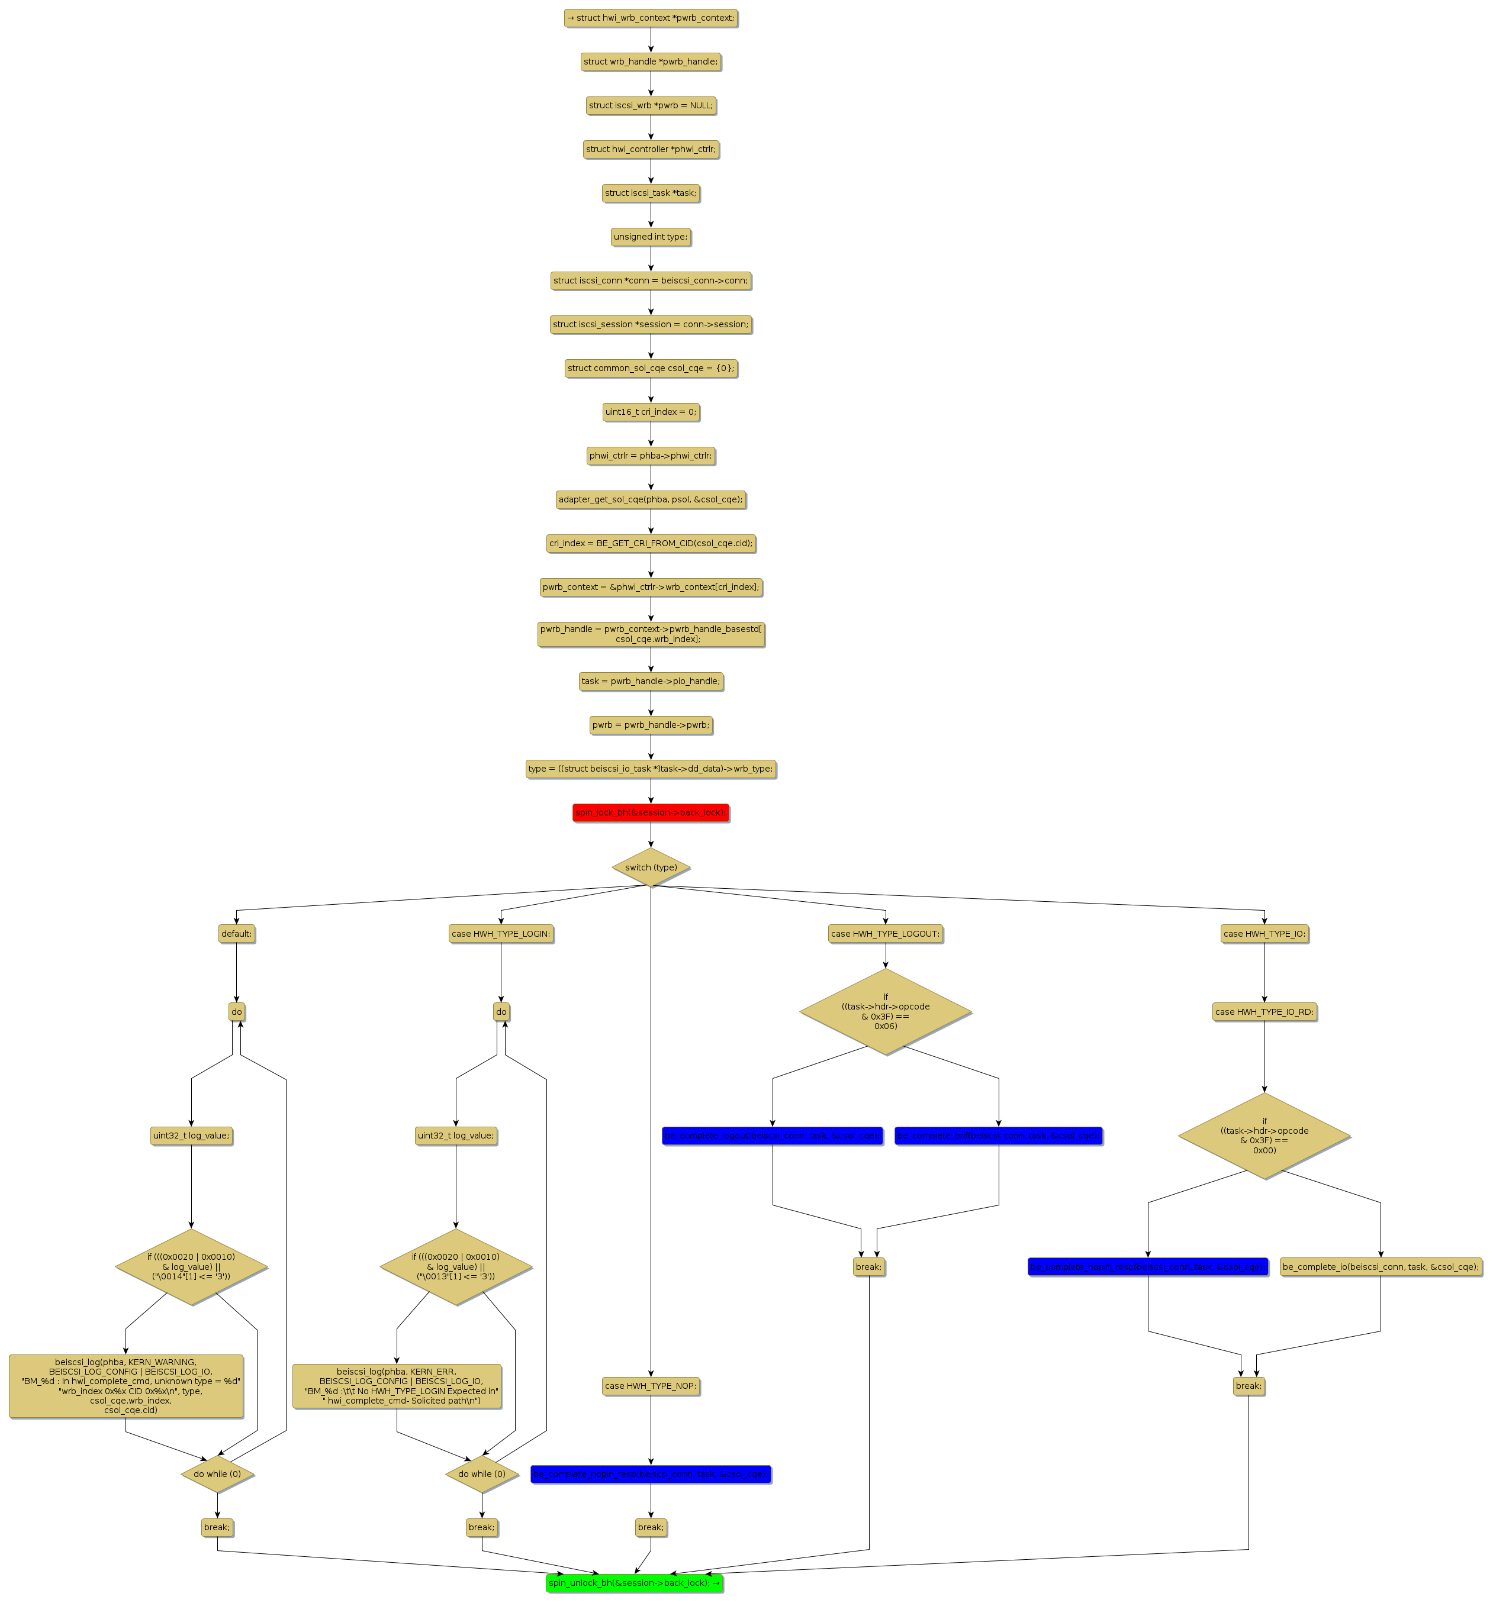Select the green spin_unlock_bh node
(634, 1582)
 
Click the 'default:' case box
(236, 933)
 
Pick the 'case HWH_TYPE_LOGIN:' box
(500, 933)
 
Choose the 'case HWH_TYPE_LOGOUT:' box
(885, 933)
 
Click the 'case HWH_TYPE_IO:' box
(1263, 933)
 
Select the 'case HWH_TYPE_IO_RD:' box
(1263, 1011)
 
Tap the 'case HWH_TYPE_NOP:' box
(650, 1385)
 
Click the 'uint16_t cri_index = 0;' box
(650, 411)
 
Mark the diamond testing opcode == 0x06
(885, 1011)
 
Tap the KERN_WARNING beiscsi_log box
(126, 1385)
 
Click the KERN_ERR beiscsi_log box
(396, 1385)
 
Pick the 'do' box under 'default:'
(236, 1011)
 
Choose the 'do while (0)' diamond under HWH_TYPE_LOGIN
(481, 1473)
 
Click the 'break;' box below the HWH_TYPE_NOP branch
(650, 1527)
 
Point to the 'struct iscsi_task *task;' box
(650, 193)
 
